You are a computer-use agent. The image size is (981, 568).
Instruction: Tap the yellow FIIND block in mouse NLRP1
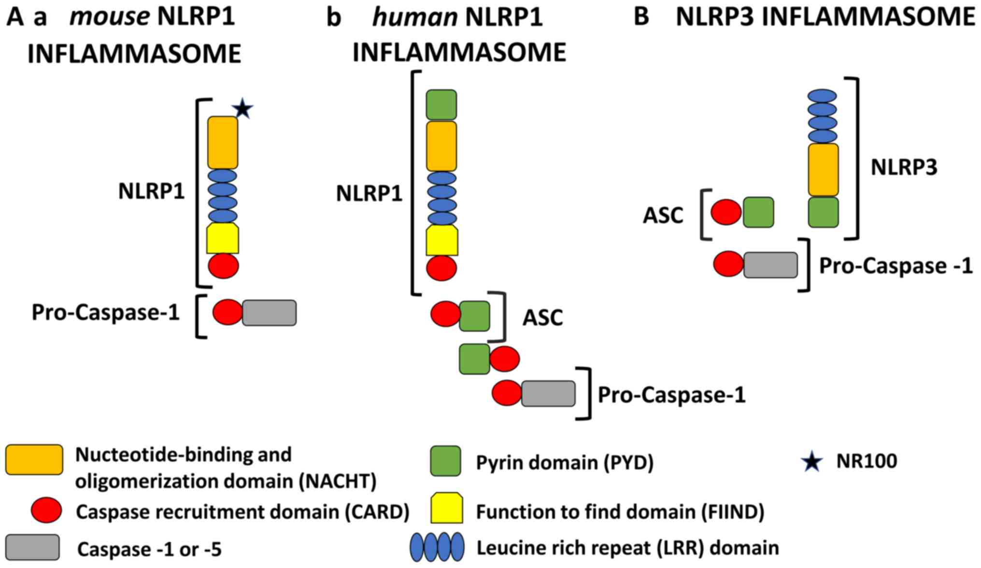point(223,239)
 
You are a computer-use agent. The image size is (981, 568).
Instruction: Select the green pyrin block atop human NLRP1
point(441,104)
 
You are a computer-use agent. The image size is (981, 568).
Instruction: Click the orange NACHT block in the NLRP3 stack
point(823,170)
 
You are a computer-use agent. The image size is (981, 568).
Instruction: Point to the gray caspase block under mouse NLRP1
point(269,313)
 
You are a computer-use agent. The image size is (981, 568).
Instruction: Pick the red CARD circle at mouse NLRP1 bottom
point(223,266)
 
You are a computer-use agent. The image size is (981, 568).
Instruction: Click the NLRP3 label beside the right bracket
point(904,168)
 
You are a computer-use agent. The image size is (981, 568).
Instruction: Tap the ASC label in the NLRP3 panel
point(663,216)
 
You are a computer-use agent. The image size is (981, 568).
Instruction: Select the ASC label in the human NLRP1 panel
point(543,318)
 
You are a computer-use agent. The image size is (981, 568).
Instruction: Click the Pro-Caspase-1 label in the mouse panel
point(106,313)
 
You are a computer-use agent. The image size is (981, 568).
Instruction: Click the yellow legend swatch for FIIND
point(446,508)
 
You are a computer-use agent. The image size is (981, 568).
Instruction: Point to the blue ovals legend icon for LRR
point(437,547)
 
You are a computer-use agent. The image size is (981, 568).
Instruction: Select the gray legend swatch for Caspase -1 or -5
point(32,548)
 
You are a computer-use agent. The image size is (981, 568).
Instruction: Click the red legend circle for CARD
point(46,510)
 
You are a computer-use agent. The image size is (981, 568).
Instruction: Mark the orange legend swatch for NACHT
point(34,459)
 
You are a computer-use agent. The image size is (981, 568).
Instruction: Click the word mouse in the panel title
point(109,17)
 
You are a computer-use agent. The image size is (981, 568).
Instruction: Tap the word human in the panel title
point(414,18)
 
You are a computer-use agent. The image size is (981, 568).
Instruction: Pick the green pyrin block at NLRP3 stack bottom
point(823,212)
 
